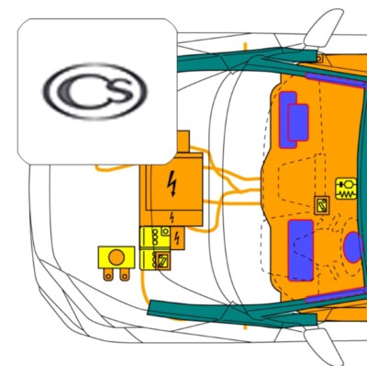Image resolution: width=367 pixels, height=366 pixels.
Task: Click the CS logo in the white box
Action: [x=95, y=91]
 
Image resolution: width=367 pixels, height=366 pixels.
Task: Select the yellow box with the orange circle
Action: [x=117, y=257]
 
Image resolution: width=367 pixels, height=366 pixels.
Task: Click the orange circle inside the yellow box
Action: [x=117, y=257]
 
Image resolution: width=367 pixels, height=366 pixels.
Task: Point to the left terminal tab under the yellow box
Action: [x=107, y=275]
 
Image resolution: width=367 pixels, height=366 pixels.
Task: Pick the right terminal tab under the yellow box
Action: [x=124, y=275]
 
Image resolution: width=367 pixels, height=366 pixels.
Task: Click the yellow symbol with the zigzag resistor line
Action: [x=346, y=189]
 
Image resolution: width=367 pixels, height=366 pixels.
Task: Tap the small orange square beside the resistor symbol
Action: [x=322, y=205]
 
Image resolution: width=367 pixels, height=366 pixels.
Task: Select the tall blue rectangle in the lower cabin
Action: [x=301, y=250]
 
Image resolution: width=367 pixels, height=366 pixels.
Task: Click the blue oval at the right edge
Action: [x=355, y=247]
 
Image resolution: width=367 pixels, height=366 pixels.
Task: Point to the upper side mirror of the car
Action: [x=324, y=29]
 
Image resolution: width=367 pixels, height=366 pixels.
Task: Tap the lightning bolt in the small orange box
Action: [x=177, y=238]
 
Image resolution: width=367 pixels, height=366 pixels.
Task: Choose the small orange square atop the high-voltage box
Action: [x=183, y=142]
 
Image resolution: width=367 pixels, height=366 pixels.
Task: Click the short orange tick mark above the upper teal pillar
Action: [x=245, y=46]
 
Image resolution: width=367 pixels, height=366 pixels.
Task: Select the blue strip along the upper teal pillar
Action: [x=336, y=79]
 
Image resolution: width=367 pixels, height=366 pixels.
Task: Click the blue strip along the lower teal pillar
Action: [x=336, y=295]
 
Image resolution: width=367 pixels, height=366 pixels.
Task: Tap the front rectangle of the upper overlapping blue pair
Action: [x=298, y=122]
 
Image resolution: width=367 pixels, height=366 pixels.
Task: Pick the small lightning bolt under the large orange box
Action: [x=172, y=218]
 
